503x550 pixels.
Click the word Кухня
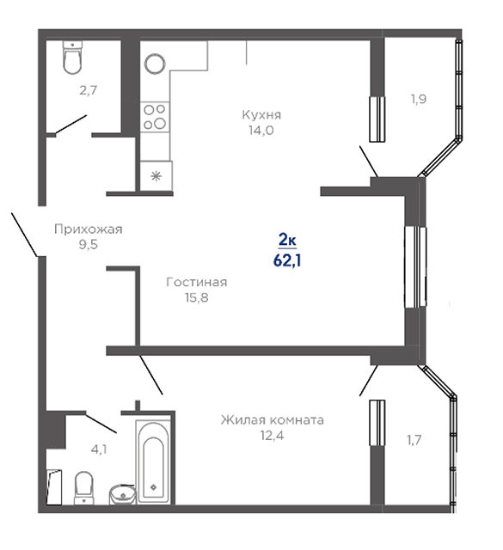[261, 115]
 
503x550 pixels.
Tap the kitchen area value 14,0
[261, 131]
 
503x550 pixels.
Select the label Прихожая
[88, 229]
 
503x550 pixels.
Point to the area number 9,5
[88, 244]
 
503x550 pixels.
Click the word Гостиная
[197, 282]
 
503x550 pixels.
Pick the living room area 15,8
[197, 297]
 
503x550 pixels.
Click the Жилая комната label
[272, 420]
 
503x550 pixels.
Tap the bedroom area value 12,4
[272, 436]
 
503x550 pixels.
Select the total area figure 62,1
[287, 260]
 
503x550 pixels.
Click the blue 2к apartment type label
[287, 241]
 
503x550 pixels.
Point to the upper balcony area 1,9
[419, 100]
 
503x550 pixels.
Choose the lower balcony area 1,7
[414, 439]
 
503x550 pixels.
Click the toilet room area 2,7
[88, 90]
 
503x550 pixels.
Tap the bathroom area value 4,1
[99, 449]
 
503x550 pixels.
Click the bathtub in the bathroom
[153, 461]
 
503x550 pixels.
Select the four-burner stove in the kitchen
[155, 117]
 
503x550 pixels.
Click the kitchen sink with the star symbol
[156, 176]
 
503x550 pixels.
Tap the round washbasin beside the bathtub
[123, 494]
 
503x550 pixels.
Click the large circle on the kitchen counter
[155, 64]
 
